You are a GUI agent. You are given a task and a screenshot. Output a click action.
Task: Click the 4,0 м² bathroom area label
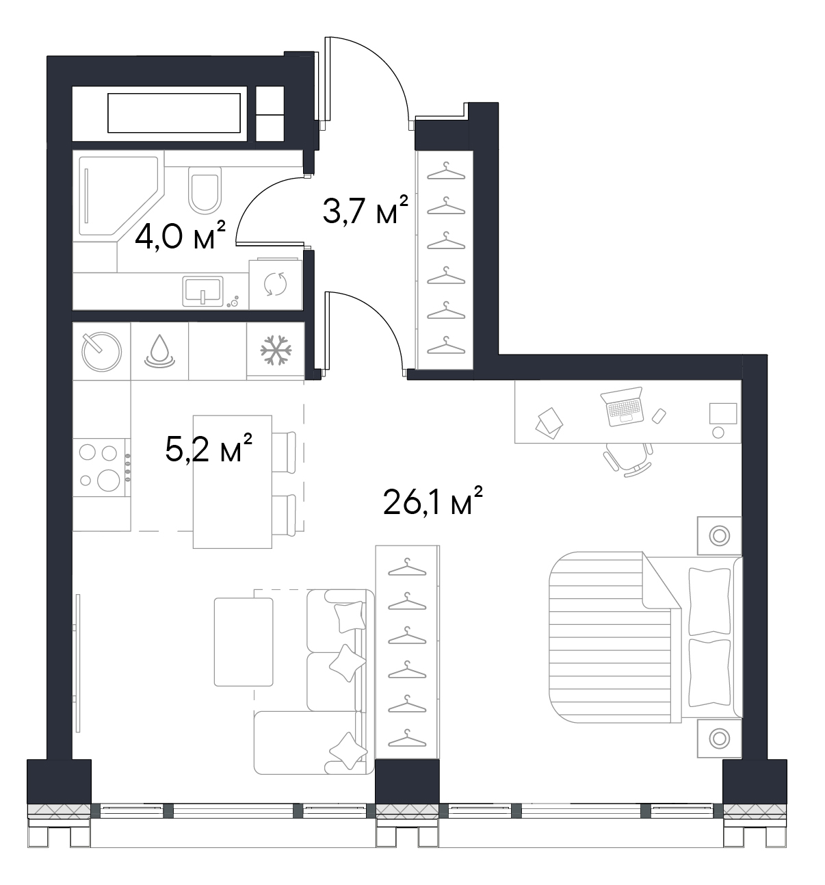pos(180,235)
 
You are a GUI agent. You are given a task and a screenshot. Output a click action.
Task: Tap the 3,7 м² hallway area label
pos(365,209)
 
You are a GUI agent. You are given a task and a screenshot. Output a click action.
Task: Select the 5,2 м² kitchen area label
pos(208,448)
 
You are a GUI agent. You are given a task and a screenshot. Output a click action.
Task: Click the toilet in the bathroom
pos(205,190)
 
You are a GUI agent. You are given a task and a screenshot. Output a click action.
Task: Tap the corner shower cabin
pos(118,196)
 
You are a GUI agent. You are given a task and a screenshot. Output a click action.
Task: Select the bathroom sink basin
pos(202,291)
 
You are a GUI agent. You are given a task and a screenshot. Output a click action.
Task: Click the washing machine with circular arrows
pos(275,284)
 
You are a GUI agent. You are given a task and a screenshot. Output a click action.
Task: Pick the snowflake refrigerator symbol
pos(276,350)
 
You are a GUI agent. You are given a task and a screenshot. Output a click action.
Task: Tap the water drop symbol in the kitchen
pos(159,351)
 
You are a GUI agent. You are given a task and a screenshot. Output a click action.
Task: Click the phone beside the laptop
pos(658,415)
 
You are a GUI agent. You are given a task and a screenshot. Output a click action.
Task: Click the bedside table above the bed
pos(719,535)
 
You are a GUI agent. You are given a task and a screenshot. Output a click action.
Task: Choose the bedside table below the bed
pos(719,738)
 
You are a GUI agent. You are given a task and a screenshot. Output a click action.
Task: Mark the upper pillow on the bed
pos(709,601)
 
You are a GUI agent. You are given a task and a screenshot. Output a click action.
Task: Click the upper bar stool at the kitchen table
pos(284,452)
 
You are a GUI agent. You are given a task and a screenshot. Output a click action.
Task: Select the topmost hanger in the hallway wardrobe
pos(446,170)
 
